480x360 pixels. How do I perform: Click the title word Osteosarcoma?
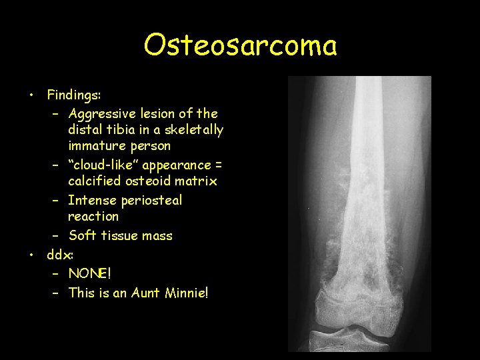[x=240, y=45]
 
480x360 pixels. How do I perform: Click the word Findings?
[x=73, y=95]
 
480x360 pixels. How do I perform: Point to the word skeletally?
[x=193, y=130]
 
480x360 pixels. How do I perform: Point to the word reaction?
[x=93, y=217]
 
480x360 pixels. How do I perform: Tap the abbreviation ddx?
[x=58, y=254]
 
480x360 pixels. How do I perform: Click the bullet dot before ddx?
[x=31, y=255]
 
